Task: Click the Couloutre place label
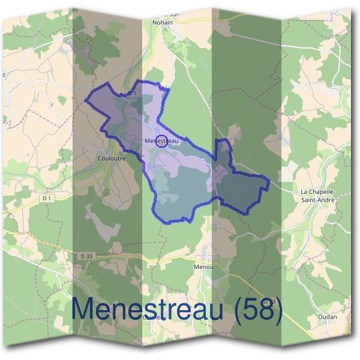pos(110,159)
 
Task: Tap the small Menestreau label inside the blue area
pos(162,141)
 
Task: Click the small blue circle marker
pos(161,142)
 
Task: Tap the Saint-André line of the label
pos(317,200)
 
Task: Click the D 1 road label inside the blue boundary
pos(132,94)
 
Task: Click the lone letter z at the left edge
pos(4,74)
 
